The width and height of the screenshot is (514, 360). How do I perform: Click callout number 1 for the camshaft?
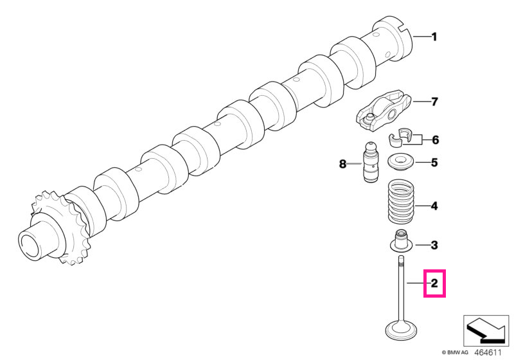434,37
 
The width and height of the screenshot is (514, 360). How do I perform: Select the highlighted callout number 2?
434,283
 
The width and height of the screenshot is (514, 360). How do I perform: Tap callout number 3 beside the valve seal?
434,245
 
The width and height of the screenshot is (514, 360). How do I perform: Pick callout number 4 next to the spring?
434,206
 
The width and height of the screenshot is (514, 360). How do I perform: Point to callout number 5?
434,162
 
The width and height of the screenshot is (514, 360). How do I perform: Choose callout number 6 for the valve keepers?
435,140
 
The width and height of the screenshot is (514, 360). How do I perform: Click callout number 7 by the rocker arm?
434,102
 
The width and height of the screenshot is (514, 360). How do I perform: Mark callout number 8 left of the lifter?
342,163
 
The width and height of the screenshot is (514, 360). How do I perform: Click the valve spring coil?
401,201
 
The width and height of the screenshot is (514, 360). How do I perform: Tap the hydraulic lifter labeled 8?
371,161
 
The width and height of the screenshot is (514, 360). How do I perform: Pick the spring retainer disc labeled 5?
401,163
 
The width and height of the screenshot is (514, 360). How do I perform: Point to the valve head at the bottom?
401,330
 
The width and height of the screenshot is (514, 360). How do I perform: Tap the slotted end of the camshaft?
393,39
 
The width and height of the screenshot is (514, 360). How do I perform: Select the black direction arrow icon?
486,331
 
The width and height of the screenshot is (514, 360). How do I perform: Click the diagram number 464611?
488,353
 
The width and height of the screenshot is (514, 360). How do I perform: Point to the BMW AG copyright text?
455,353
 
